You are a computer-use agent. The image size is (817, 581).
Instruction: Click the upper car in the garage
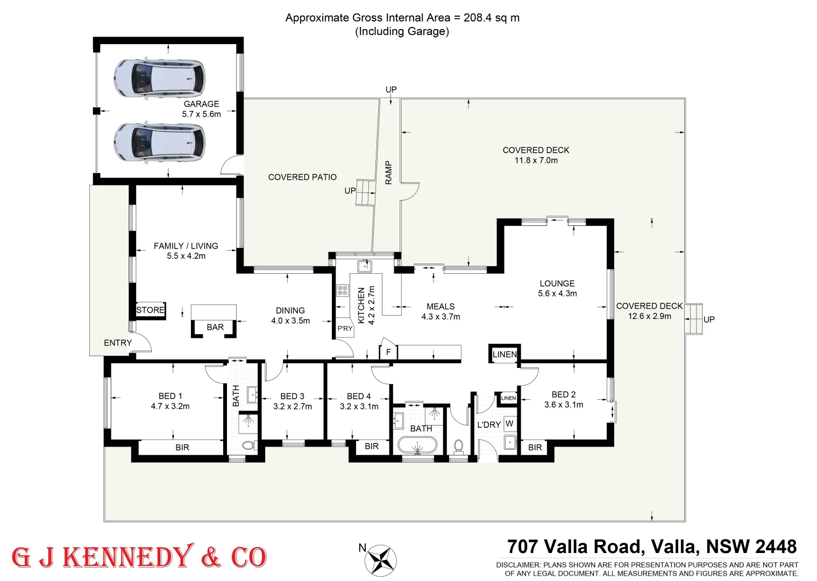[x=159, y=79]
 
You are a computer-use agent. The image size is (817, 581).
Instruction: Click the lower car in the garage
[x=159, y=143]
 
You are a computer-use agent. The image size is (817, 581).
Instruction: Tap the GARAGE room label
[x=201, y=104]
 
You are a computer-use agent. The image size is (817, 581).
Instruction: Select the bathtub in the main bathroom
[x=417, y=445]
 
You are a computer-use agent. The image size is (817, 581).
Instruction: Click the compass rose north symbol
[x=381, y=560]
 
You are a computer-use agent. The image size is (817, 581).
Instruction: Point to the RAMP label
[x=388, y=173]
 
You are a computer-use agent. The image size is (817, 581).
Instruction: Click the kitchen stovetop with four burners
[x=343, y=290]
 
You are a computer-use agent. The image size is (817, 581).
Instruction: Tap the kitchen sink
[x=365, y=266]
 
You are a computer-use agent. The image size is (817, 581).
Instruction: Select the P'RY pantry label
[x=345, y=328]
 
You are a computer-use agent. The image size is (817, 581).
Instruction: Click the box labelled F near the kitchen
[x=388, y=352]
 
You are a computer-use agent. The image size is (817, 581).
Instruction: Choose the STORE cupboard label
[x=150, y=310]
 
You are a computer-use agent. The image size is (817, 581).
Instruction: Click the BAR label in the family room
[x=215, y=327]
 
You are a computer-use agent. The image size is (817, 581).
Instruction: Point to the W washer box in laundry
[x=509, y=423]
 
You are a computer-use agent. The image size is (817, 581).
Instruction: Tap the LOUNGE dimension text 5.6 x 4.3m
[x=557, y=294]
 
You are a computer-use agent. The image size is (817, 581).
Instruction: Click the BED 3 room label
[x=292, y=396]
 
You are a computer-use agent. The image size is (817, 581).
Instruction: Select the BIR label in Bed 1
[x=182, y=447]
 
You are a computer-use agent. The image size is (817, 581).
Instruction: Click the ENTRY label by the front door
[x=118, y=343]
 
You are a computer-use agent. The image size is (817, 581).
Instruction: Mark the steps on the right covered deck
[x=694, y=319]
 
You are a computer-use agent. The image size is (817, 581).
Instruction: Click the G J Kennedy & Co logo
[x=139, y=557]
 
